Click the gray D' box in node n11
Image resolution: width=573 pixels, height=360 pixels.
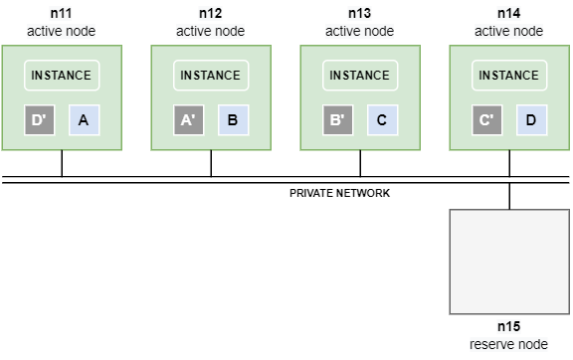coord(40,120)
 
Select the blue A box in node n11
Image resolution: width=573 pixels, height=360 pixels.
coord(84,120)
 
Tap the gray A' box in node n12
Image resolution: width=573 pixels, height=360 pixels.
coord(189,120)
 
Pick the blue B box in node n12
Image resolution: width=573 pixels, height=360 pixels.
coord(233,120)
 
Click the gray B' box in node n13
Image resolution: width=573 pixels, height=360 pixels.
coord(338,120)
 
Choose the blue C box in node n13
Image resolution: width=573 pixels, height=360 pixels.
coord(382,120)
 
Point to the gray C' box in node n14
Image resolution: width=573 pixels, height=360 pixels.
coord(487,120)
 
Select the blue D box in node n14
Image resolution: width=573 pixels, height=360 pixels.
coord(531,120)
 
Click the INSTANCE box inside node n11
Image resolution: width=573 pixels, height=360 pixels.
coord(62,76)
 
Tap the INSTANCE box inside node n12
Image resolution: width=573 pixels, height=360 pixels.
coord(211,76)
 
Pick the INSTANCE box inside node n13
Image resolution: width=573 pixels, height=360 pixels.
coord(360,76)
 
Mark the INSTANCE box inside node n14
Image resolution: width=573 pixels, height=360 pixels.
coord(509,76)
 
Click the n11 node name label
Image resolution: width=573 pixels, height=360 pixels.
coord(62,14)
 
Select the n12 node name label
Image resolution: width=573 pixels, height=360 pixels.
coord(211,14)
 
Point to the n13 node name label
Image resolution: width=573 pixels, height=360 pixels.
coord(360,14)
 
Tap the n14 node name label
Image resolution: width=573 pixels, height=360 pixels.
coord(509,14)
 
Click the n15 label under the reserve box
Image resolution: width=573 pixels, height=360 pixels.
coord(509,326)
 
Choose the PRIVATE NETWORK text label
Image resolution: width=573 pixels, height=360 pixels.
coord(339,193)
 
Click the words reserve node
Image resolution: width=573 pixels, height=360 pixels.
coord(509,344)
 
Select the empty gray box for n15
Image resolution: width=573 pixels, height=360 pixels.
coord(509,260)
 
